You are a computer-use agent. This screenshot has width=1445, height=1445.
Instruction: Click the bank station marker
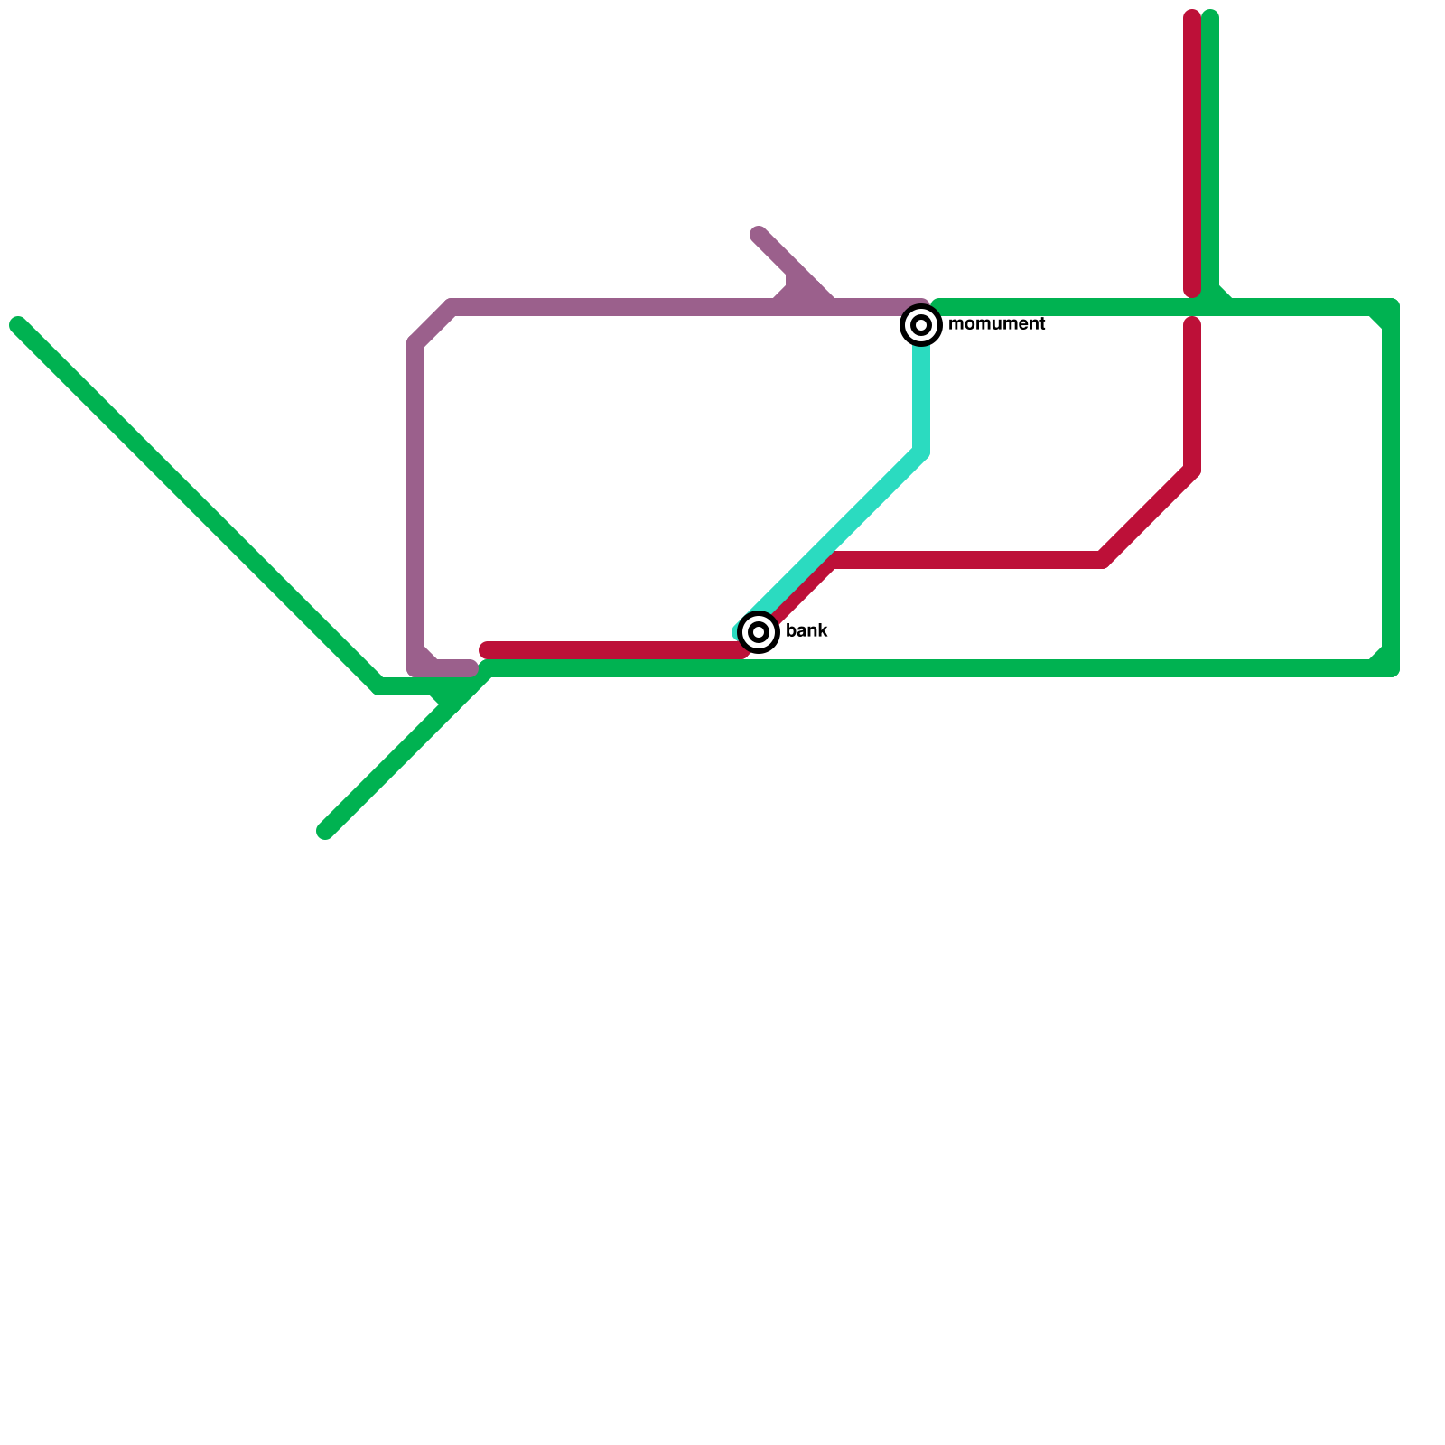(759, 631)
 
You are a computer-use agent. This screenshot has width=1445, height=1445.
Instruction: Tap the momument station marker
(921, 324)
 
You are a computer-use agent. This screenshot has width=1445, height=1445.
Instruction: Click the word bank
(806, 631)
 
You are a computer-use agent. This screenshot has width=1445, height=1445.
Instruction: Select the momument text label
(997, 324)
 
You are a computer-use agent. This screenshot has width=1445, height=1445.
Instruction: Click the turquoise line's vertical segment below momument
(921, 397)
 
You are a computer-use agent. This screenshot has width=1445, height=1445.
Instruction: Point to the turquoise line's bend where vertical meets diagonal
(921, 452)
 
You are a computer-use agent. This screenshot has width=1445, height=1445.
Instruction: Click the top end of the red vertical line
(1192, 18)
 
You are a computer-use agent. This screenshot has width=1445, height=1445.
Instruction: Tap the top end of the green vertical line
(1210, 18)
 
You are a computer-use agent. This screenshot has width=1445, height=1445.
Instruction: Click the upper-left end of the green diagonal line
(18, 325)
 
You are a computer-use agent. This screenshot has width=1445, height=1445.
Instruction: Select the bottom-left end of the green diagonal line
(326, 831)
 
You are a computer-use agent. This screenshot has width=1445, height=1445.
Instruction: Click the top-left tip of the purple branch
(759, 236)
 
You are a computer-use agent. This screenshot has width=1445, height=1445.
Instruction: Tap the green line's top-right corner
(1391, 308)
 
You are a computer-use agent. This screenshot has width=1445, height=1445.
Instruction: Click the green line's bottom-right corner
(1391, 668)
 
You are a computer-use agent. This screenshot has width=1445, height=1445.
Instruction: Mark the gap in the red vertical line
(1192, 307)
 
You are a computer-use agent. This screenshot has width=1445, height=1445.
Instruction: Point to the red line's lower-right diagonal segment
(1147, 515)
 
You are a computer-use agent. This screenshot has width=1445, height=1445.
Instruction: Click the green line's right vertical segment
(1391, 488)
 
